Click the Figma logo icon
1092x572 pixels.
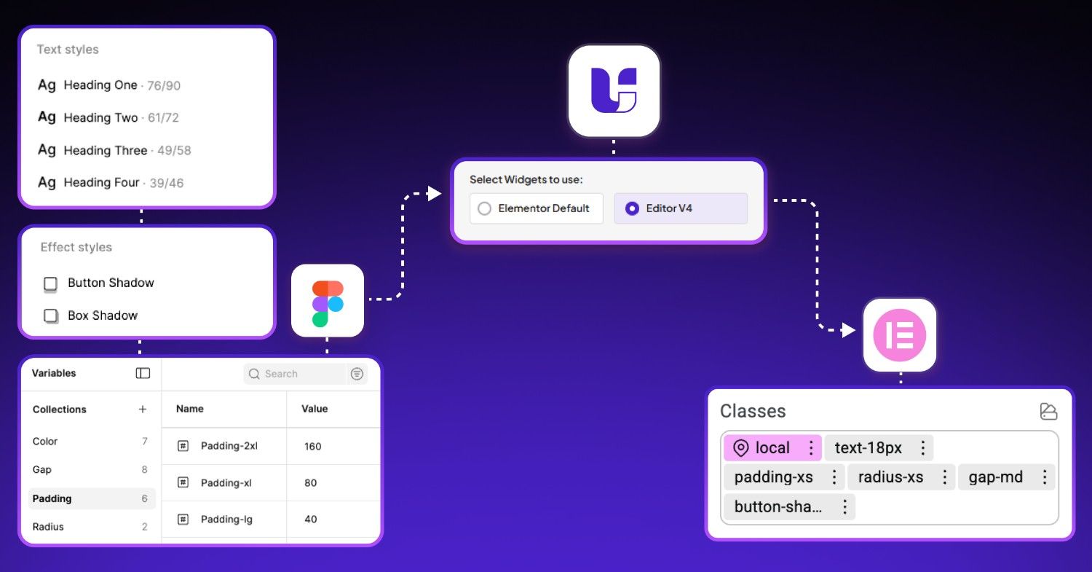[x=328, y=300]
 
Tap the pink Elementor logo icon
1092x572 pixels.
[x=900, y=335]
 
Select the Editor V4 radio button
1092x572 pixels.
[x=632, y=208]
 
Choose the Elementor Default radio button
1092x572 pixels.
[x=485, y=208]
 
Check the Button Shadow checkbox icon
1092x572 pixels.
[x=50, y=283]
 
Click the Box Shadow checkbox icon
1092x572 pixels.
[x=50, y=316]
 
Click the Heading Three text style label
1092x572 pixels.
[x=106, y=150]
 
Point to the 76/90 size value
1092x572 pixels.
[x=164, y=85]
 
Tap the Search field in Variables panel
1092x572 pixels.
[x=295, y=374]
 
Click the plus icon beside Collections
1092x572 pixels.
[x=143, y=410]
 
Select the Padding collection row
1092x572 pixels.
[x=91, y=498]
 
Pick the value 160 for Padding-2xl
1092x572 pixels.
[x=313, y=446]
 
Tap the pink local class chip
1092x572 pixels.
[x=772, y=448]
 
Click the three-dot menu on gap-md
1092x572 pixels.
[x=1044, y=477]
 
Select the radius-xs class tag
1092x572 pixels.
[x=890, y=477]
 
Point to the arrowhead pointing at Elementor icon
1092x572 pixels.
[x=847, y=330]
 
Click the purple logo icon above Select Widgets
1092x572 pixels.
[x=614, y=90]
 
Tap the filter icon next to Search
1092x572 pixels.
[x=357, y=374]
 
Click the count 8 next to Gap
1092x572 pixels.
[x=144, y=470]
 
